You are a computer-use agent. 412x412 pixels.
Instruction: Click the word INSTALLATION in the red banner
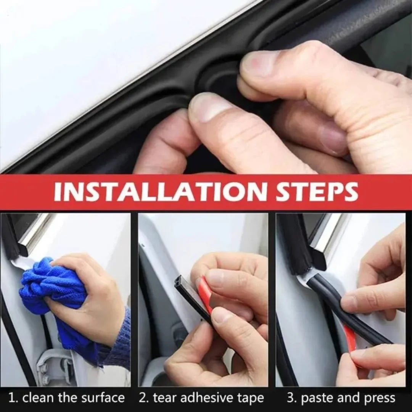pyautogui.click(x=160, y=192)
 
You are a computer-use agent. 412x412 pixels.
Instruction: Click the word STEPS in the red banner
pyautogui.click(x=317, y=192)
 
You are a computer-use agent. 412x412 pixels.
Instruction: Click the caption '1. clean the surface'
pyautogui.click(x=66, y=398)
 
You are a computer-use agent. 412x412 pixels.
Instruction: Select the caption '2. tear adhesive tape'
pyautogui.click(x=201, y=398)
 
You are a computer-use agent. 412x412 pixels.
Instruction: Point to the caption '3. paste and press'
pyautogui.click(x=341, y=398)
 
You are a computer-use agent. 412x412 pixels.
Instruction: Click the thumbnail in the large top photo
pyautogui.click(x=259, y=65)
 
